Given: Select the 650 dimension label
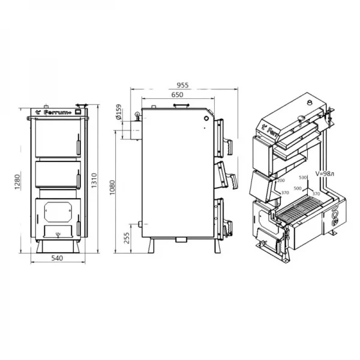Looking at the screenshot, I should click(177, 95).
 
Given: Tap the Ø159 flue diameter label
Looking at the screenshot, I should click(119, 113).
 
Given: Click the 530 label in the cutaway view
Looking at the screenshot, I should click(302, 178).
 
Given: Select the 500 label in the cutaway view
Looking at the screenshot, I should click(298, 188).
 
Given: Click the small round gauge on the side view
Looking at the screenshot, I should click(206, 118).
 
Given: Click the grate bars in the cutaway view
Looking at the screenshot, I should click(300, 211).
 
